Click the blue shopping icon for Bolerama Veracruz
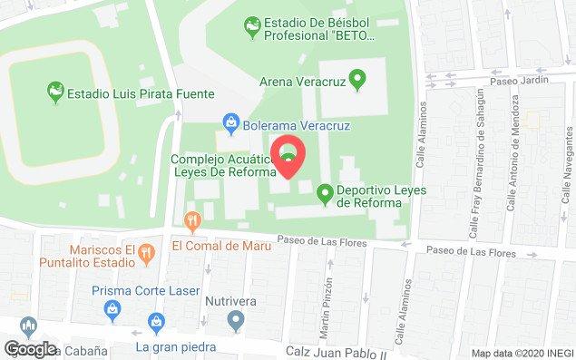click(231, 123)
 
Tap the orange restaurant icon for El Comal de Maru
click(191, 220)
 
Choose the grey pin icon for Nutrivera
click(236, 319)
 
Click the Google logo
click(30, 348)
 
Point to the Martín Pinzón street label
click(324, 301)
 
